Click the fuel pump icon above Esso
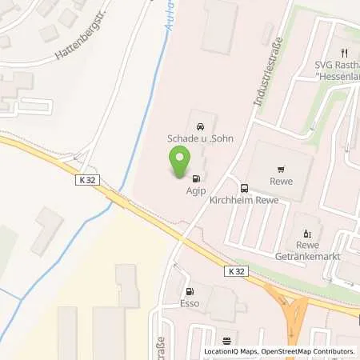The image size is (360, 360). pos(190,293)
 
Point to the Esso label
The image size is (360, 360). pos(190,305)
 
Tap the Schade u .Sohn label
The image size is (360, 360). pos(198,138)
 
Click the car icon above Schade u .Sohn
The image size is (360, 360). pos(198,126)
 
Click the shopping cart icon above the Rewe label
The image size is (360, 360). pos(281,170)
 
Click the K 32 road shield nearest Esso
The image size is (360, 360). pos(235,272)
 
